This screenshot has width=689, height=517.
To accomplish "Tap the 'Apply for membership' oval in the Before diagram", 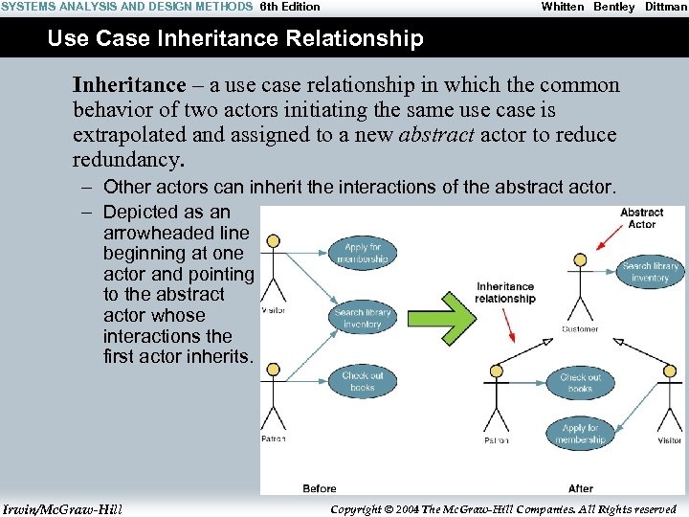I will point(364,254).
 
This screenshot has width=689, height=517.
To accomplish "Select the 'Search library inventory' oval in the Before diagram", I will point(363,318).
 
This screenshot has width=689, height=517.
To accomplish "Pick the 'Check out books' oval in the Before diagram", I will point(363,381).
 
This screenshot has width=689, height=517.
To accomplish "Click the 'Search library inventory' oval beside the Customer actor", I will point(651,272).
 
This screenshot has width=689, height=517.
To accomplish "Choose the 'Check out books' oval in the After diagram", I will point(581,383).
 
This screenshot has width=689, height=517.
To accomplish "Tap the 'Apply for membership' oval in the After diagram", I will point(580,434).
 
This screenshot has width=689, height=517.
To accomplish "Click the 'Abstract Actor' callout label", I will point(641,218).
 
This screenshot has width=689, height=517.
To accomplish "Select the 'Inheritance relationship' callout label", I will point(505,292).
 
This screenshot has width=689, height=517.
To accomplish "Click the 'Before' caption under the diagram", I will point(319,488).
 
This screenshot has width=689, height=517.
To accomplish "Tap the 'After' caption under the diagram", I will point(581,488).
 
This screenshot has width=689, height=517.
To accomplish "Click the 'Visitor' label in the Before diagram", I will point(274,310).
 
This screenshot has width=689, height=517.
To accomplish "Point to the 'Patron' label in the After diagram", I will point(496,441).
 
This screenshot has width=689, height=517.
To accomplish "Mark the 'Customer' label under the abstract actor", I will point(580,329).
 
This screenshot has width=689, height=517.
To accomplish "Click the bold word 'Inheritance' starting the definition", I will point(127,85).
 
